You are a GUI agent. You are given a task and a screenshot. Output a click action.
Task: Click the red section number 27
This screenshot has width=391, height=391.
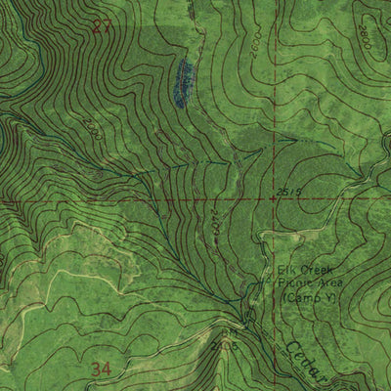tap(102, 27)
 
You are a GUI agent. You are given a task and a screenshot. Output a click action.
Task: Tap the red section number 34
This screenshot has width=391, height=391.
tap(102, 369)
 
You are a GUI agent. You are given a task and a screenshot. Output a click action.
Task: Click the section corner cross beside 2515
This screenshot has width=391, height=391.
tap(272, 198)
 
